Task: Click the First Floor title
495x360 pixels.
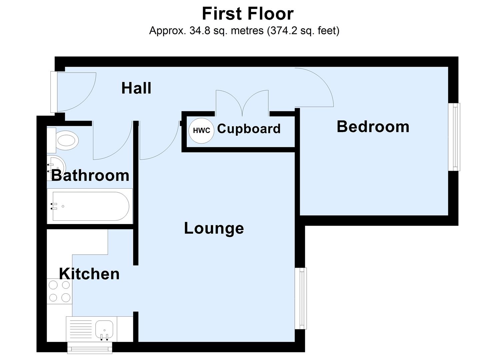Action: click(x=247, y=14)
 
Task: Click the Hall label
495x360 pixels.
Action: click(x=136, y=88)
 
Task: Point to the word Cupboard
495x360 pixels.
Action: click(x=249, y=129)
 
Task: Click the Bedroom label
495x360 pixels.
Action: click(x=373, y=127)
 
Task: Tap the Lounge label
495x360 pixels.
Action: click(x=214, y=228)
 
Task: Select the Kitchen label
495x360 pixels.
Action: click(x=89, y=274)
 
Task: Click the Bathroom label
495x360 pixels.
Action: click(x=90, y=176)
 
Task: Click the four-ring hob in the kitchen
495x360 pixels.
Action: click(x=59, y=291)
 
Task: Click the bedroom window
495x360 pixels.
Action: click(x=454, y=137)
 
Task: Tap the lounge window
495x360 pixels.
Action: click(x=301, y=298)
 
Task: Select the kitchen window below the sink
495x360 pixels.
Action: click(x=90, y=348)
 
